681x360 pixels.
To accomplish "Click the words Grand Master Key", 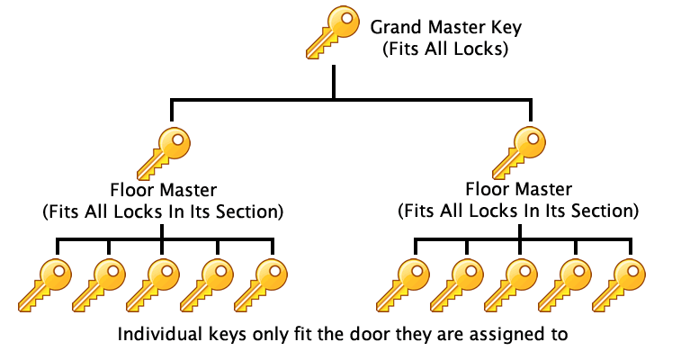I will pos(445,27).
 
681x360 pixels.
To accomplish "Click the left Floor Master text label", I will pos(163,190).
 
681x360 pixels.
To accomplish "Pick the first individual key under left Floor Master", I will pos(44,283).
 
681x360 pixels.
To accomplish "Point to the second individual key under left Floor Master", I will pos(98,283).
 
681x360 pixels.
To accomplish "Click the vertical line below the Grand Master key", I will pos(334,81).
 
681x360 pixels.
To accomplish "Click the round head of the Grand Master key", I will pos(345,20).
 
